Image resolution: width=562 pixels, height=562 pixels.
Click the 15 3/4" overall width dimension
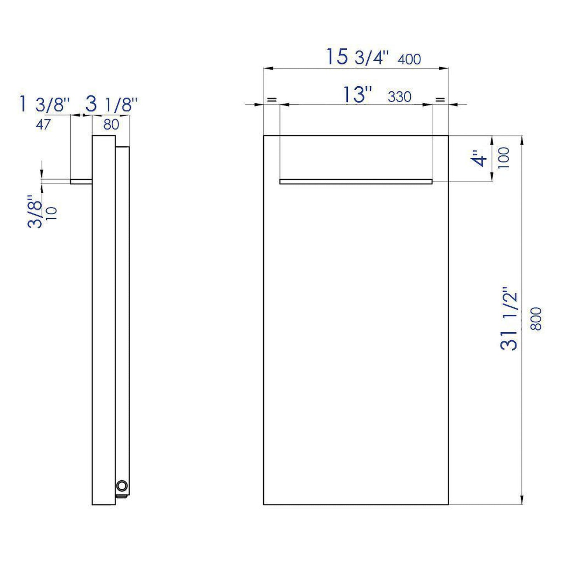click(357, 57)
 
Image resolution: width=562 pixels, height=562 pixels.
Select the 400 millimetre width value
click(409, 59)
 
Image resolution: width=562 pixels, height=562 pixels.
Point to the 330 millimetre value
click(399, 97)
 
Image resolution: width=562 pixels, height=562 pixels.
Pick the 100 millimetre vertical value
click(503, 158)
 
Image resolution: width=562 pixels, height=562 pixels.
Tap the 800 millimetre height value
click(536, 319)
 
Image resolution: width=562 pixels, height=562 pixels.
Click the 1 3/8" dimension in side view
click(45, 105)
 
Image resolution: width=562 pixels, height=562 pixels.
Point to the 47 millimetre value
click(43, 124)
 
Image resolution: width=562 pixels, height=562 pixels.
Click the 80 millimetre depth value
click(111, 124)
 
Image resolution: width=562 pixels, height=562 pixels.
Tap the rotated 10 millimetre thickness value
click(52, 214)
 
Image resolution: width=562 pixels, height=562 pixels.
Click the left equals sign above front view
click(271, 100)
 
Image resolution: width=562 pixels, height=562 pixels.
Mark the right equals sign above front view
click(440, 100)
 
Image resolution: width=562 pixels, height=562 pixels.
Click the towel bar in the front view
click(356, 182)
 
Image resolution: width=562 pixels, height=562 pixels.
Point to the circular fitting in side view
click(122, 486)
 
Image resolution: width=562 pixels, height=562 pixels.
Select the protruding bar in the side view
click(81, 182)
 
